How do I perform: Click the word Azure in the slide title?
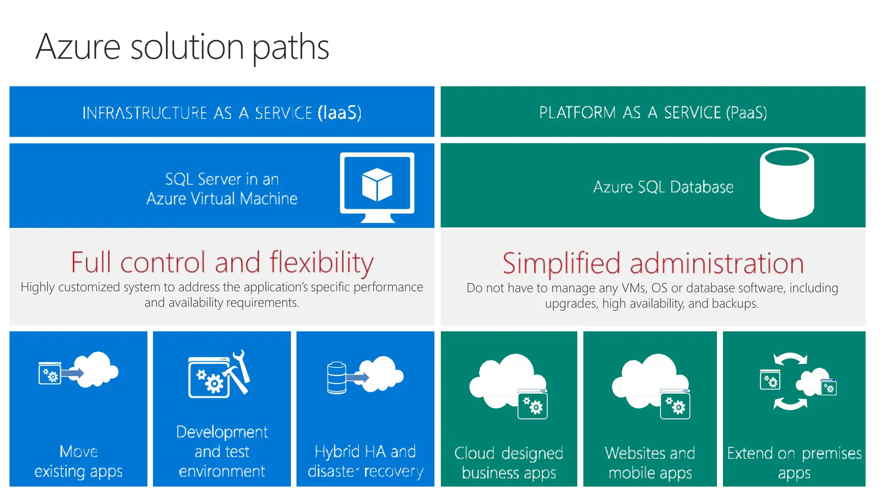(x=78, y=47)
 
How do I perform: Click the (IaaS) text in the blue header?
(x=339, y=113)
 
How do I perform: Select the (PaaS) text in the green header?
(x=746, y=112)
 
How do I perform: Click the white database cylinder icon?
(x=786, y=184)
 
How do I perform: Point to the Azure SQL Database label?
(x=663, y=187)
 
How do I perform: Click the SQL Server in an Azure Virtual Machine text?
(x=222, y=189)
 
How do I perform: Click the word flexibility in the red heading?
(x=322, y=262)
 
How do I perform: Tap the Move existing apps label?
(x=78, y=461)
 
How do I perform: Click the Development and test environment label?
(x=222, y=451)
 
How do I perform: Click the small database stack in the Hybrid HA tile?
(x=337, y=378)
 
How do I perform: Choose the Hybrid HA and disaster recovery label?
(x=365, y=461)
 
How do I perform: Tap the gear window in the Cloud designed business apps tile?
(x=532, y=405)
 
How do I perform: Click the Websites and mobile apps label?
(x=650, y=463)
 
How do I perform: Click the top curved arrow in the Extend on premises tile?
(x=790, y=359)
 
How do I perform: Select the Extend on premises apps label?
(x=794, y=463)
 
